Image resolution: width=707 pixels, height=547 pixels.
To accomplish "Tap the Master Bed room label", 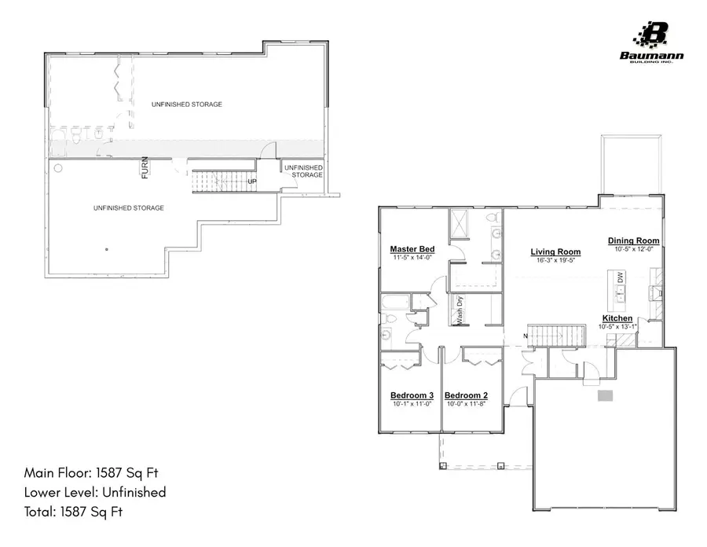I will (x=412, y=249).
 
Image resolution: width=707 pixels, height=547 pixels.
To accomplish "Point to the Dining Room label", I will (x=633, y=240).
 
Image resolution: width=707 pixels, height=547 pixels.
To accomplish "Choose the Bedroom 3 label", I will (x=412, y=395).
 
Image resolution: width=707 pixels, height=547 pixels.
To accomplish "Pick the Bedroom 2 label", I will (x=467, y=395).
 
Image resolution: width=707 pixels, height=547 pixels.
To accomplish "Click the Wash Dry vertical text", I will (x=460, y=310).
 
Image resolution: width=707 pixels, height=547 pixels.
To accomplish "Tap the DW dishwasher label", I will (x=620, y=277).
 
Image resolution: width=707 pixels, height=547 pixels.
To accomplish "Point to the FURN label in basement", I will (x=145, y=168).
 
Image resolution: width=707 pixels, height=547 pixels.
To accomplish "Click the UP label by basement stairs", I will (x=252, y=182).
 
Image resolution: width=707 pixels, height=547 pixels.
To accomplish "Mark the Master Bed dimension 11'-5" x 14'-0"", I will (x=412, y=257).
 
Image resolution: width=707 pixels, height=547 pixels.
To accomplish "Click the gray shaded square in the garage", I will (x=604, y=396).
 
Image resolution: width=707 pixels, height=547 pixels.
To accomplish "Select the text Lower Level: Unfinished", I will (x=95, y=493).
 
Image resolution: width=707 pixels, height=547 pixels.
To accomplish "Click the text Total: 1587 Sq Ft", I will (x=74, y=512).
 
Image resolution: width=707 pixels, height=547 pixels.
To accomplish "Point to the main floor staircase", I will (x=555, y=336).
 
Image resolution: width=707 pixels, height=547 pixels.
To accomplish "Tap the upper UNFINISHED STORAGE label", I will (x=187, y=105).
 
